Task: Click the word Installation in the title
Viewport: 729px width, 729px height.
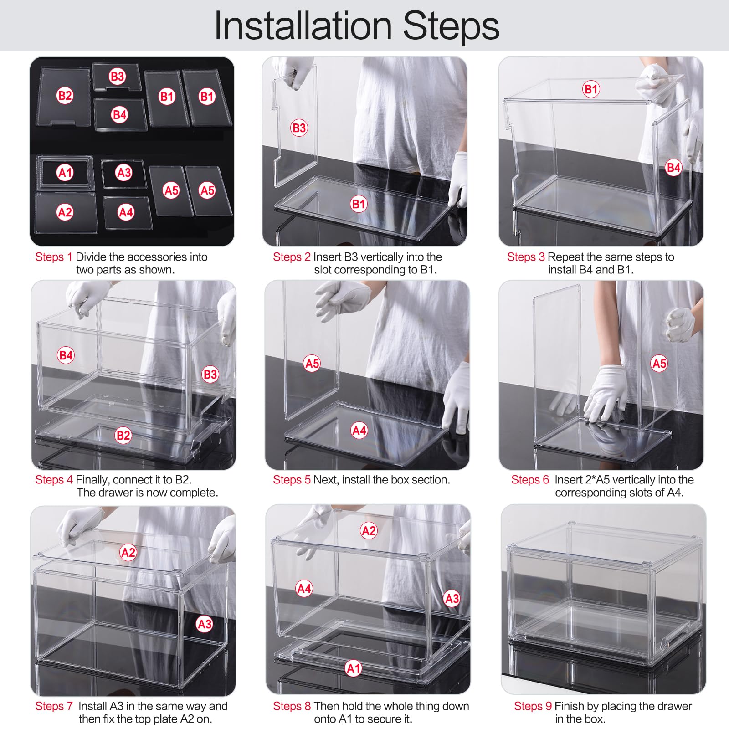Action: [303, 26]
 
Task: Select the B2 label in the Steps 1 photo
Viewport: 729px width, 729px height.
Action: [65, 96]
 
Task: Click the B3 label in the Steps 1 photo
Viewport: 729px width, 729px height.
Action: [118, 76]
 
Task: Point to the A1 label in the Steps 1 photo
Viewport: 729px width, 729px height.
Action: [65, 173]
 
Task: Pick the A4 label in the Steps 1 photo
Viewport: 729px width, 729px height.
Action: [126, 212]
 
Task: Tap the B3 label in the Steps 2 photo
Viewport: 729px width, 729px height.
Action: [299, 128]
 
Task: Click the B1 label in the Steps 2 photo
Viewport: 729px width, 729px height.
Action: [359, 204]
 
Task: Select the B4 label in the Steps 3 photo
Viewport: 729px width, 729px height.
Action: [673, 168]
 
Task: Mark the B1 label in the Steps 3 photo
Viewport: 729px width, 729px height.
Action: [591, 89]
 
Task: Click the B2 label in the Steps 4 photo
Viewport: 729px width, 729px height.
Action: [123, 436]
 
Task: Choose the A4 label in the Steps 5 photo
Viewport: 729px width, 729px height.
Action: [359, 430]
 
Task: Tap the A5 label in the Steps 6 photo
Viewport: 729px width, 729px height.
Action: [659, 363]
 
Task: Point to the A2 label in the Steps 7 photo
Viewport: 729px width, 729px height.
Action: [128, 553]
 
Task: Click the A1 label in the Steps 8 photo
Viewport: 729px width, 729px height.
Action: [354, 668]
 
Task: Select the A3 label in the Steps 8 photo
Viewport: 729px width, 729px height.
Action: [452, 598]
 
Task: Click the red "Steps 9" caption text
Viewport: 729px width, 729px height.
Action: [533, 706]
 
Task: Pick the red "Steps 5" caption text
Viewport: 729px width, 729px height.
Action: [292, 480]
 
